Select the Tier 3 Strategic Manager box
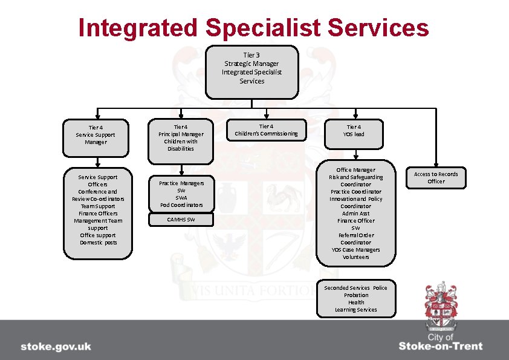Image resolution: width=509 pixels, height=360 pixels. click(251, 71)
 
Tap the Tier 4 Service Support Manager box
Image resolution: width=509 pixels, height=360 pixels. click(97, 135)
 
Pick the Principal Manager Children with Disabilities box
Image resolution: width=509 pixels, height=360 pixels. click(181, 138)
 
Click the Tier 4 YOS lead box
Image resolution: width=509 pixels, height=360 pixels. click(355, 131)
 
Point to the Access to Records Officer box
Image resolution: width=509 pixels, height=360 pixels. click(436, 178)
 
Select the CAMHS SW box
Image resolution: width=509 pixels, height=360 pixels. click(181, 220)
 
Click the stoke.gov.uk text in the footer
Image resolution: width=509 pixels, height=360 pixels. click(56, 347)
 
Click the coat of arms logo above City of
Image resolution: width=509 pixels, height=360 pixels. click(440, 306)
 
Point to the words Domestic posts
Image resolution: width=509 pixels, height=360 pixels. click(98, 243)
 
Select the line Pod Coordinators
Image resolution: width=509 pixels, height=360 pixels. click(181, 205)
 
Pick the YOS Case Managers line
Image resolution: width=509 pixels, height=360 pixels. click(355, 250)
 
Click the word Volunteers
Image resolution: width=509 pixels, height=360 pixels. click(355, 257)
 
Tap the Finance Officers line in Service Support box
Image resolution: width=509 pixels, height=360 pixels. click(98, 214)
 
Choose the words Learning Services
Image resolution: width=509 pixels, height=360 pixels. click(355, 310)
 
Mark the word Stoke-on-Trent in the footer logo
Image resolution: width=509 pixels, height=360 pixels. click(441, 347)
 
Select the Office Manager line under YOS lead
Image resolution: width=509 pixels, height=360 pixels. click(355, 170)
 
